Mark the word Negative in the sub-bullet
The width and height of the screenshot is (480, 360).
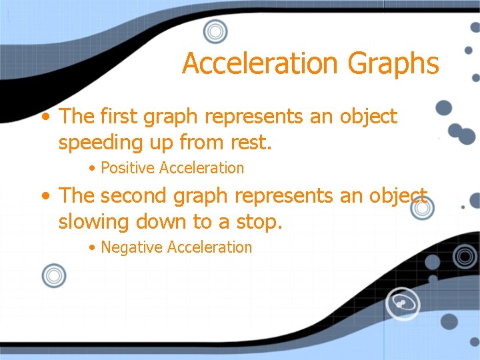(132, 247)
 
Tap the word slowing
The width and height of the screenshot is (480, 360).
(94, 221)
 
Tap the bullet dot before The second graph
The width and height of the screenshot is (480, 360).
(45, 197)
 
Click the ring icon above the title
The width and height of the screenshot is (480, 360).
(215, 31)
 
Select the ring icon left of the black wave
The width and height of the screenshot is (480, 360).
(53, 275)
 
